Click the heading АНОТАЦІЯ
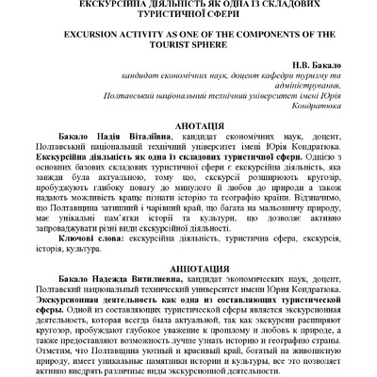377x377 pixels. [188, 123]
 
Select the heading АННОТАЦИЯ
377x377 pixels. [188, 266]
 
